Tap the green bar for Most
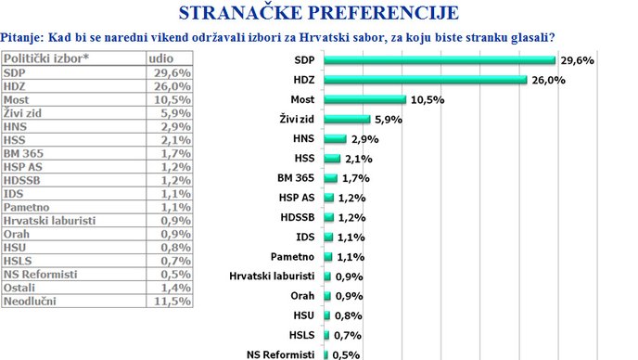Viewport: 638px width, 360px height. [366, 99]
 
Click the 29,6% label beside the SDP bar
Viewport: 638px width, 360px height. [576, 60]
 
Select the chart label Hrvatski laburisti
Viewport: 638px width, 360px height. [272, 276]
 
